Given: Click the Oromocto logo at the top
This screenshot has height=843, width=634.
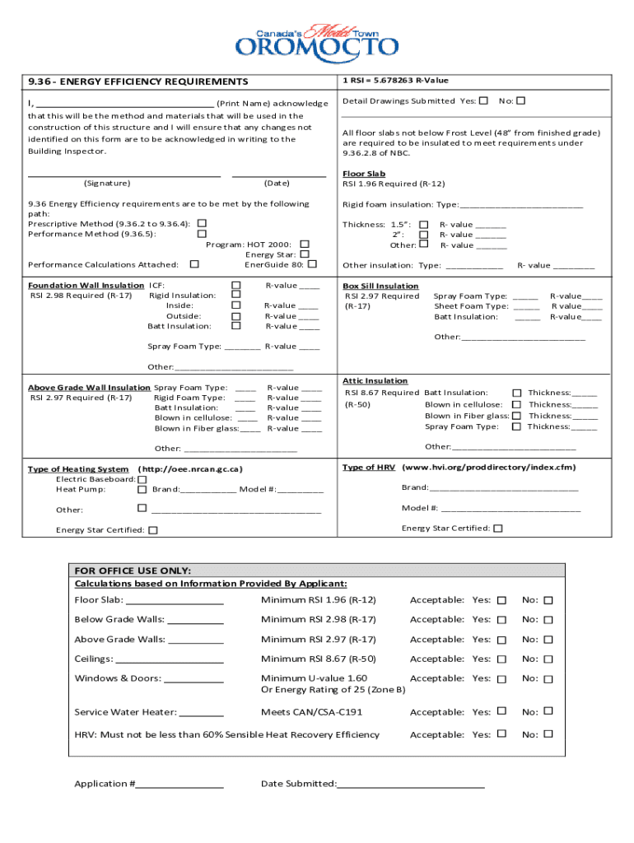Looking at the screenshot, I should click(x=317, y=39).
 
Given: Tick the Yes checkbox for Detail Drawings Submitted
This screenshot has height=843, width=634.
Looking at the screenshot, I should click(x=483, y=100).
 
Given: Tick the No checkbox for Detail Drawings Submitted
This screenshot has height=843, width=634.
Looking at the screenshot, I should click(x=520, y=100).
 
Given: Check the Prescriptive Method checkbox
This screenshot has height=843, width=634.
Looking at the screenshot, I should click(x=202, y=223).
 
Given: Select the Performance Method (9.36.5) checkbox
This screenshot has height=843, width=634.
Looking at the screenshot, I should click(x=202, y=234).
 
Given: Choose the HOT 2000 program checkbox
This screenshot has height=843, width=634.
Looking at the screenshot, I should click(x=305, y=244).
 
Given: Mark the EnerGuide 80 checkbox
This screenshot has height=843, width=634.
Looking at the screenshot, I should click(x=313, y=264).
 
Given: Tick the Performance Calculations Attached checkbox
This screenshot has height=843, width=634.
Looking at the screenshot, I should click(x=194, y=264).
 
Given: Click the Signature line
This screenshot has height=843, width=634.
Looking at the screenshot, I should click(x=124, y=175).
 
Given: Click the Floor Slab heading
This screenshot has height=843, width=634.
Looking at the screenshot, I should click(x=364, y=174).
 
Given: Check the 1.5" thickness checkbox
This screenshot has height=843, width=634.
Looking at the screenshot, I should click(x=424, y=224).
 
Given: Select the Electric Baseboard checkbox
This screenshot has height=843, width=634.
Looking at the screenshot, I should click(x=142, y=479).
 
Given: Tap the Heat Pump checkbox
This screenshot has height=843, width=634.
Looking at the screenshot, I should click(x=142, y=490).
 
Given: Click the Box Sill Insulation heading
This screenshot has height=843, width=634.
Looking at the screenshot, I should click(x=380, y=286).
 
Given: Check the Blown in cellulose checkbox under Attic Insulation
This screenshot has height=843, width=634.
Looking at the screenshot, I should click(x=517, y=404).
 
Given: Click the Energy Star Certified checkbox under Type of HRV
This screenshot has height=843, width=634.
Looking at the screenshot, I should click(x=497, y=529).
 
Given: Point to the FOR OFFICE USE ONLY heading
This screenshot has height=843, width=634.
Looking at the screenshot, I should click(x=133, y=571).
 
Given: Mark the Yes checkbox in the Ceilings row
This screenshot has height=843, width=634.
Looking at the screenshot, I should click(x=501, y=659).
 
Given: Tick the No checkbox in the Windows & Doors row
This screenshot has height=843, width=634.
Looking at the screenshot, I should click(x=548, y=678).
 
